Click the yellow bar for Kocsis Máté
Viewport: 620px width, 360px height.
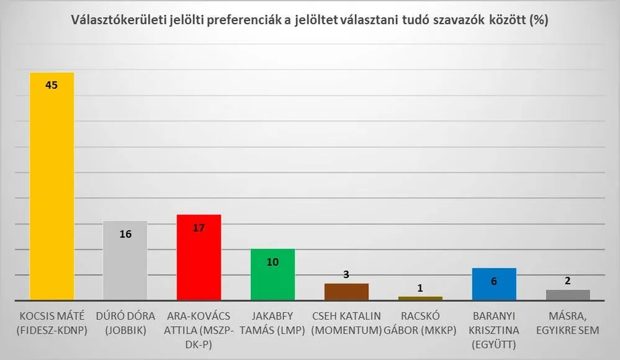[52, 186]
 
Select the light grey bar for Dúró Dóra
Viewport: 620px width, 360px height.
[125, 261]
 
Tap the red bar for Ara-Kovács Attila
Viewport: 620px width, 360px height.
[199, 258]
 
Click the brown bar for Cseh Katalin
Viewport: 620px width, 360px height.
[346, 292]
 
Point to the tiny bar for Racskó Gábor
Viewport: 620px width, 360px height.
[420, 298]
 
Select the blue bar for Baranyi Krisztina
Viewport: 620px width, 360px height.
[494, 284]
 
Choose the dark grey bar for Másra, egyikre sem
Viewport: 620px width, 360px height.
[568, 294]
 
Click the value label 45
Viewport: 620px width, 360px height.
[52, 85]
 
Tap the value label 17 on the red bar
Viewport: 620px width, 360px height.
[199, 228]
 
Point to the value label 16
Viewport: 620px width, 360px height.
[125, 235]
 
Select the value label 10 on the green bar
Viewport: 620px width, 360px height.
[272, 262]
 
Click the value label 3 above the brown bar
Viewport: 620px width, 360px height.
[346, 274]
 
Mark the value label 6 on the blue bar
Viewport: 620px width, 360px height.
[494, 281]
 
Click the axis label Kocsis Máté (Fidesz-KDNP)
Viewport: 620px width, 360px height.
[52, 323]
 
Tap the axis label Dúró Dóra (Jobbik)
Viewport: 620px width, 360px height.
[125, 323]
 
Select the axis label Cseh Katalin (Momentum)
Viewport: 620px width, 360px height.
[346, 323]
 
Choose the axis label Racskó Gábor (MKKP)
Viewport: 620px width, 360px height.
[420, 323]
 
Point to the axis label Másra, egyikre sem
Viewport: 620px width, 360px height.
[568, 323]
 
